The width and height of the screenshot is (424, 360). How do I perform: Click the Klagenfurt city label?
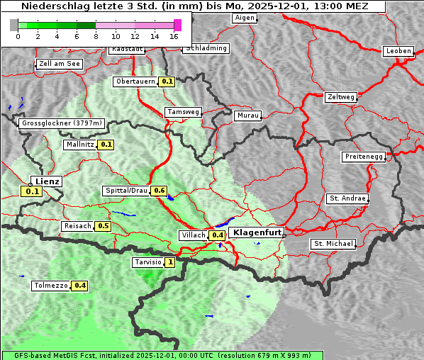click(257, 232)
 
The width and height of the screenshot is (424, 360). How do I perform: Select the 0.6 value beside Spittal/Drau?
click(160, 191)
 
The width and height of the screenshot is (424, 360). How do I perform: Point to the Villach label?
click(194, 235)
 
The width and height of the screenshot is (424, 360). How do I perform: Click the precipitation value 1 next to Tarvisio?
click(170, 262)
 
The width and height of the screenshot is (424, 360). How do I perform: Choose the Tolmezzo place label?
click(51, 286)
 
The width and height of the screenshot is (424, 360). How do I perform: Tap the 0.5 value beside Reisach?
click(104, 226)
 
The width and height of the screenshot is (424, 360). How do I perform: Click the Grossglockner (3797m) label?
click(62, 123)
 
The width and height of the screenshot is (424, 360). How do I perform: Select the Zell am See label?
click(60, 64)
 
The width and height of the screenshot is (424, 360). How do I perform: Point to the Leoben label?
click(398, 51)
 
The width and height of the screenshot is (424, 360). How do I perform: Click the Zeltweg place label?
click(341, 96)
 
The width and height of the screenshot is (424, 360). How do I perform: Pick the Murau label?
click(248, 115)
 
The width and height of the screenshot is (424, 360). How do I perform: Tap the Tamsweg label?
click(184, 112)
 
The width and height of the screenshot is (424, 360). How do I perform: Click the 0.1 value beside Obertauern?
click(167, 81)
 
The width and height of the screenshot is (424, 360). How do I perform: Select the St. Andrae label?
click(347, 198)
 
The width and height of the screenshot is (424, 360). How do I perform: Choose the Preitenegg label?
click(364, 157)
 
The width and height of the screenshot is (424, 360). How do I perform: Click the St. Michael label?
click(333, 244)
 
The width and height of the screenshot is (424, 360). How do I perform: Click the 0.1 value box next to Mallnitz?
click(106, 145)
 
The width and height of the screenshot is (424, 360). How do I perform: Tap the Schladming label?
click(206, 48)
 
